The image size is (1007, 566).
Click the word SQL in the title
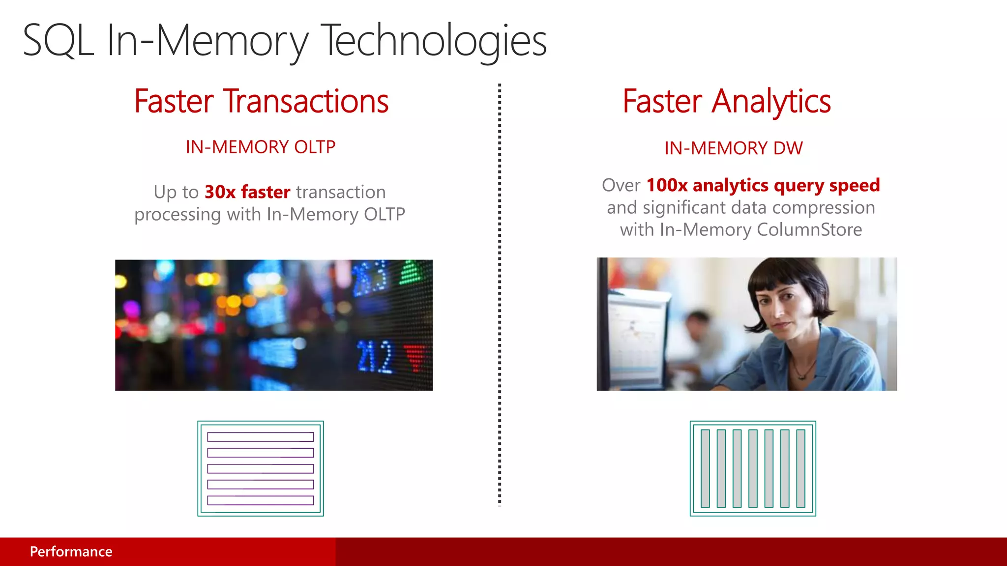click(58, 41)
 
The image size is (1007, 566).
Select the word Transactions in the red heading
click(306, 102)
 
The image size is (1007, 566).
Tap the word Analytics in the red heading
click(771, 102)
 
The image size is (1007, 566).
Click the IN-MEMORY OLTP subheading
click(260, 147)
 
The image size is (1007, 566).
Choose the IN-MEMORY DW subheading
click(733, 148)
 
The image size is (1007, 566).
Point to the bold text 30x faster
click(247, 192)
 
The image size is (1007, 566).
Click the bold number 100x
click(667, 185)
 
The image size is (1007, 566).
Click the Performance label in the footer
click(71, 551)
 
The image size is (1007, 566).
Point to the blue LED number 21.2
click(375, 357)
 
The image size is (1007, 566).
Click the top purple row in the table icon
click(260, 437)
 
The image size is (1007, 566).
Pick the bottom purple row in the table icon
click(260, 500)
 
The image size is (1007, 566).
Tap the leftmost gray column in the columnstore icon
click(705, 468)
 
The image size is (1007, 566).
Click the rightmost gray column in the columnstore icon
click(800, 468)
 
